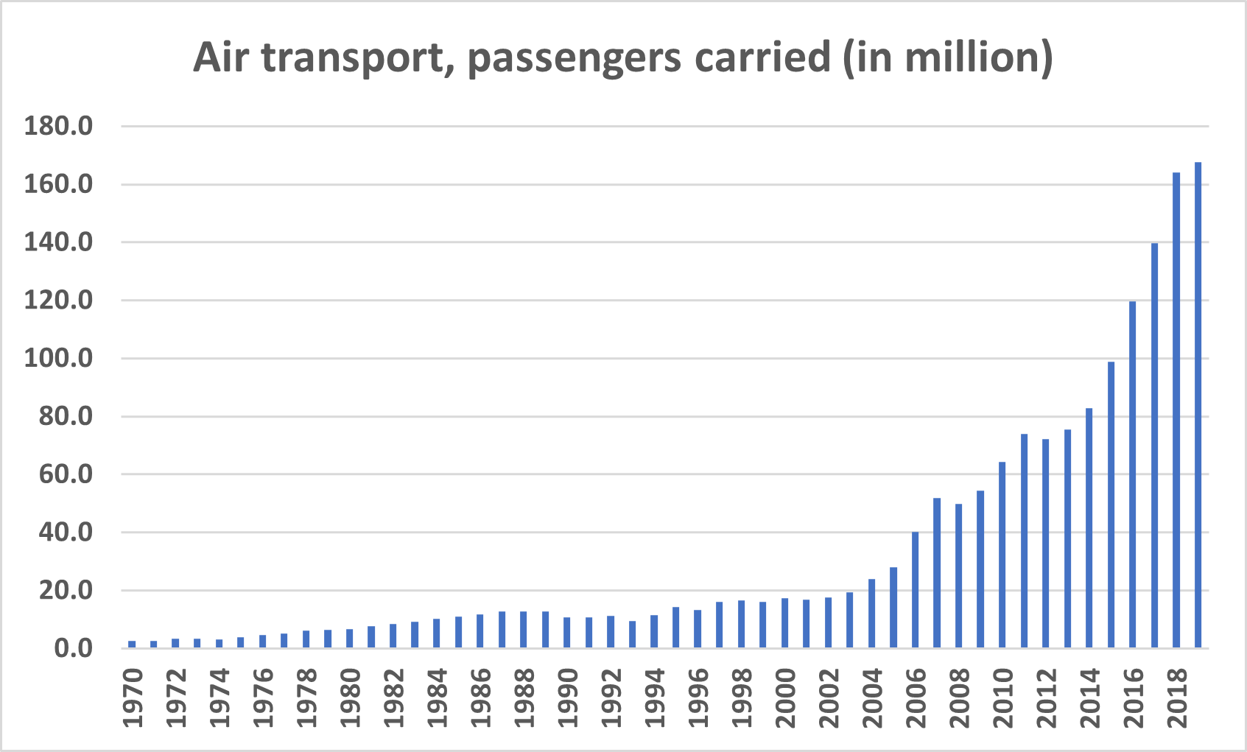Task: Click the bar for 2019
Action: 1198,405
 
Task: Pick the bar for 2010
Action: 1002,555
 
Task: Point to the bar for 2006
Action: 916,590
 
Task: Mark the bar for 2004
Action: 872,614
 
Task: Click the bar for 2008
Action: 959,576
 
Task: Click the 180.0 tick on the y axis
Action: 59,126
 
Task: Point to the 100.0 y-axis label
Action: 59,359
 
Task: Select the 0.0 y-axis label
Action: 74,648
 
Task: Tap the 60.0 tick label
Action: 66,474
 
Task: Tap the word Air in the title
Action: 220,57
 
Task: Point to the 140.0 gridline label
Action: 59,242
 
